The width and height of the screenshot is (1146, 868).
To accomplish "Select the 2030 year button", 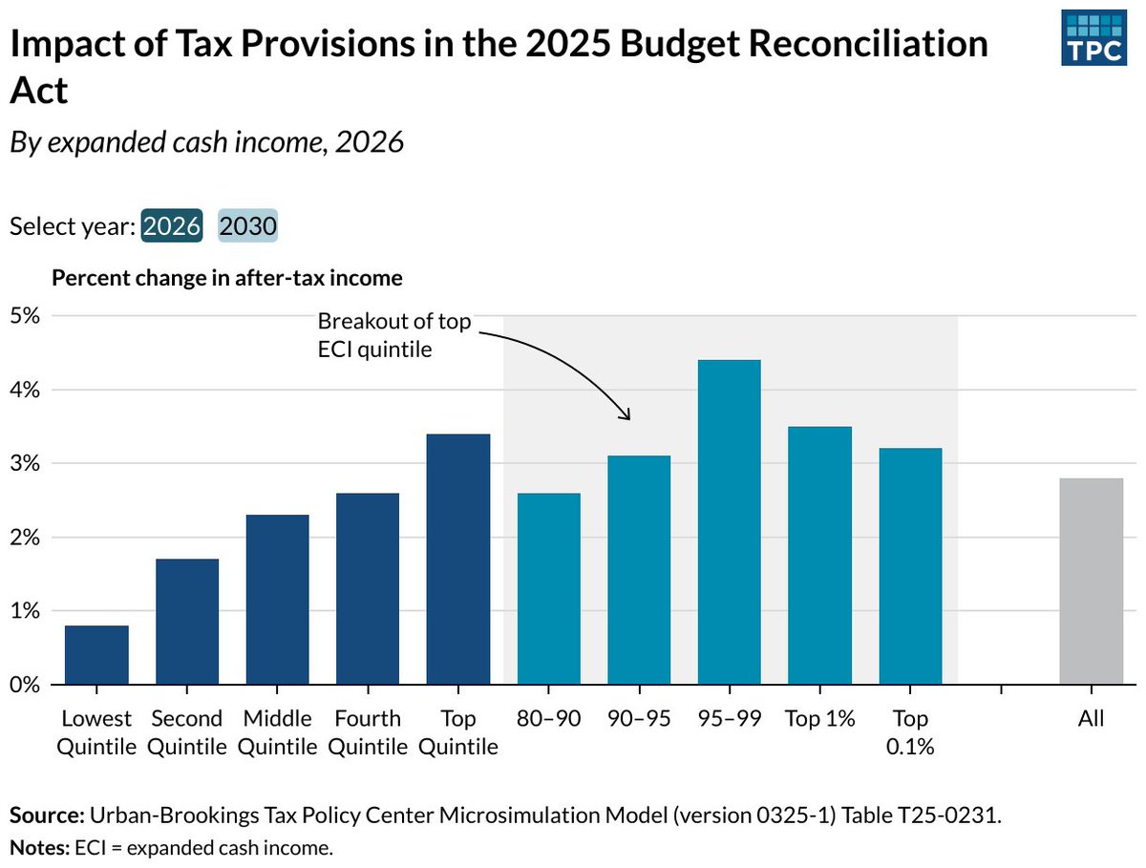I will coord(248,226).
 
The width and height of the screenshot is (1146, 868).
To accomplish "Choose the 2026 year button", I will coord(172,226).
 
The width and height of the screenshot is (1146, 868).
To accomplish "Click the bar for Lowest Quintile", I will coord(96,655).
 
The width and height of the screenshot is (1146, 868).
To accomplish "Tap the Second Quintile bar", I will coord(187,622).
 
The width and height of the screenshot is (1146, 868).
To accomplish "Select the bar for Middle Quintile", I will coord(277,600).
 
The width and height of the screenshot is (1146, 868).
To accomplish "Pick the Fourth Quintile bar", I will coord(368,588).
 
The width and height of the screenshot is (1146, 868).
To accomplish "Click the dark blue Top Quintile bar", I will coord(458,559).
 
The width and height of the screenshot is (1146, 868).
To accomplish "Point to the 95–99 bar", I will coord(730,521).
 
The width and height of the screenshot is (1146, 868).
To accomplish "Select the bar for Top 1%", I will coord(819,555).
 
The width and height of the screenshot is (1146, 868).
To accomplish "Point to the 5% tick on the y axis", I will coord(26,316).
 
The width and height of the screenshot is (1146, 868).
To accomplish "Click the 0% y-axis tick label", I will coord(26,685).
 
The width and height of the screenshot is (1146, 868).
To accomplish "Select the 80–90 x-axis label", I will coord(548,718).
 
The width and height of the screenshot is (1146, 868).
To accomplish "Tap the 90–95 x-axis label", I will coord(639,718).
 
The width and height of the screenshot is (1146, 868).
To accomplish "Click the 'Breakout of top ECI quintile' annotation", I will coord(393,335).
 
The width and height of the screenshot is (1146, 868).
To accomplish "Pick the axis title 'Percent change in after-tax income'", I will coord(226,278).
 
